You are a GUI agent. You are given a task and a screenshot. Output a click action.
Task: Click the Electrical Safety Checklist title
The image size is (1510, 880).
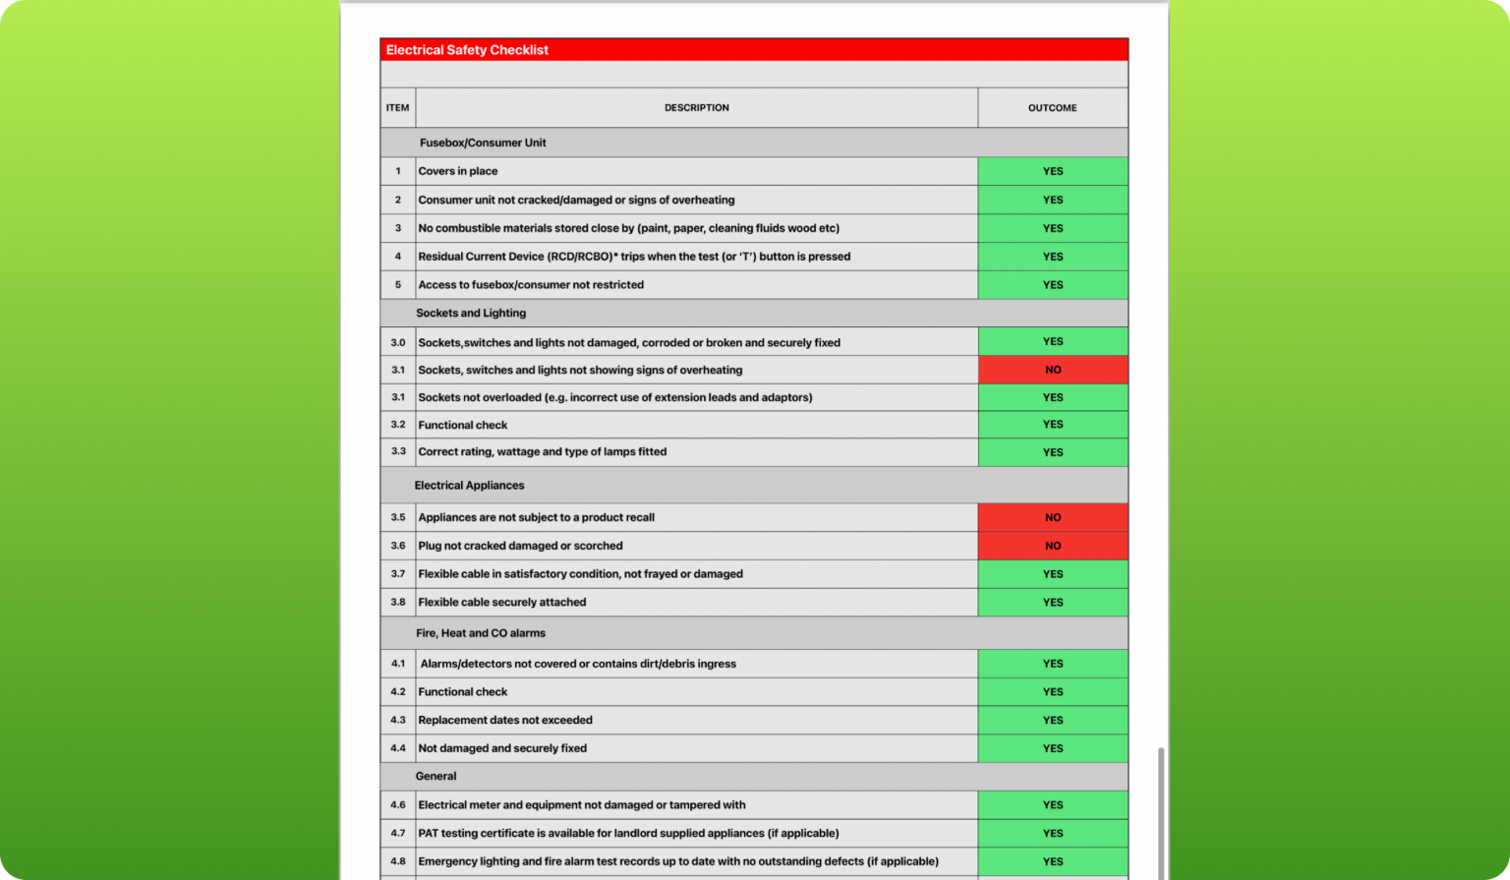pyautogui.click(x=467, y=50)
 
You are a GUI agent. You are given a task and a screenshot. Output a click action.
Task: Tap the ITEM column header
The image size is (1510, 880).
pyautogui.click(x=397, y=108)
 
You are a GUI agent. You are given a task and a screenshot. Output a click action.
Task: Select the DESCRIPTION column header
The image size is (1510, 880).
pyautogui.click(x=696, y=108)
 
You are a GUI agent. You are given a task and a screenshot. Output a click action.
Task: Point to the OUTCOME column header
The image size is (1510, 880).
pyautogui.click(x=1052, y=108)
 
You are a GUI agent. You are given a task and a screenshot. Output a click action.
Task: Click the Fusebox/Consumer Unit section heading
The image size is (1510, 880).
pyautogui.click(x=483, y=143)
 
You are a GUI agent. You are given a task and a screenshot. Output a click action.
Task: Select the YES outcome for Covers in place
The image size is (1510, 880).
pyautogui.click(x=1052, y=171)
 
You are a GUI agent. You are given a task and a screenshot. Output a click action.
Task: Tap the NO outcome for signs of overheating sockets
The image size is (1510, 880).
pyautogui.click(x=1052, y=370)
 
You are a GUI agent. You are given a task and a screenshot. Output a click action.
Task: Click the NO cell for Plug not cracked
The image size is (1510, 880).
pyautogui.click(x=1052, y=546)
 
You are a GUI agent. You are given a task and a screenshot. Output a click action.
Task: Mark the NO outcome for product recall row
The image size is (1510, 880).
pyautogui.click(x=1052, y=517)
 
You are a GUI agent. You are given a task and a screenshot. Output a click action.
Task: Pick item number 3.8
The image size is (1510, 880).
pyautogui.click(x=397, y=603)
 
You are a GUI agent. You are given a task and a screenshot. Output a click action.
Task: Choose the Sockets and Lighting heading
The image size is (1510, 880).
pyautogui.click(x=471, y=314)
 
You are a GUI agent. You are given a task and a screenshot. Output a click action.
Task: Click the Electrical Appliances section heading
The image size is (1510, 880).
pyautogui.click(x=469, y=486)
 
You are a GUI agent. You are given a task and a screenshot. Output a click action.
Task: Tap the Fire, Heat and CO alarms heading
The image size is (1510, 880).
pyautogui.click(x=481, y=633)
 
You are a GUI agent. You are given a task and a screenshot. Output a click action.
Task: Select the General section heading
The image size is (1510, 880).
pyautogui.click(x=436, y=777)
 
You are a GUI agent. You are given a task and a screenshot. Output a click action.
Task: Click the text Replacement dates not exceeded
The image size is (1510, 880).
pyautogui.click(x=505, y=721)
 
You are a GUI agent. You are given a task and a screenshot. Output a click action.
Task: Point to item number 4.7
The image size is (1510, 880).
pyautogui.click(x=397, y=834)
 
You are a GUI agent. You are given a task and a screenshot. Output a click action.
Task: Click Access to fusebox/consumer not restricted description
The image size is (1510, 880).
pyautogui.click(x=531, y=285)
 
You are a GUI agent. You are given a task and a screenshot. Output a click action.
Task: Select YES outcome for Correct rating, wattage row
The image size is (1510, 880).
pyautogui.click(x=1052, y=452)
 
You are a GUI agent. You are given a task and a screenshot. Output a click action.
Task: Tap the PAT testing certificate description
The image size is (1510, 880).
pyautogui.click(x=628, y=834)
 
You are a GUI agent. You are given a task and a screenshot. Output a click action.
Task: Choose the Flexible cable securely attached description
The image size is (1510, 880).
pyautogui.click(x=502, y=603)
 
